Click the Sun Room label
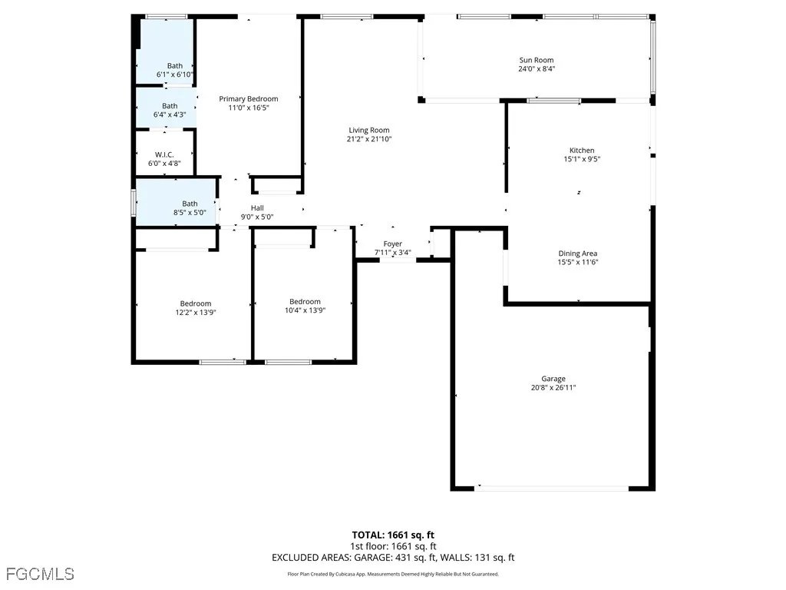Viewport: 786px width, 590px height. [x=536, y=60]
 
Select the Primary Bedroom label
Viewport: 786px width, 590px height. [x=248, y=98]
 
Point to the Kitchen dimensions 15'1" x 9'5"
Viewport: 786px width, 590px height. [x=581, y=160]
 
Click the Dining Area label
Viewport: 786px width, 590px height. [x=577, y=254]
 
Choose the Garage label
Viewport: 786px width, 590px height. [x=553, y=379]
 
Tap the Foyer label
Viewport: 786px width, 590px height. [x=392, y=244]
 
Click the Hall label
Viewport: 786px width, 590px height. [x=257, y=208]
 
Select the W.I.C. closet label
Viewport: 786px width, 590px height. [x=164, y=154]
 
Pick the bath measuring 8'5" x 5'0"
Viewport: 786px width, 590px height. [x=189, y=204]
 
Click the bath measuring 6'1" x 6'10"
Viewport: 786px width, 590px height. [x=175, y=66]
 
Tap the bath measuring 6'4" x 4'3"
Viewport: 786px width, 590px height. [x=170, y=106]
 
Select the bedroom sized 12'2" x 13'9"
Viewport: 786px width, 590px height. [x=195, y=303]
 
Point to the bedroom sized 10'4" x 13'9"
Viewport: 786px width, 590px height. [x=305, y=302]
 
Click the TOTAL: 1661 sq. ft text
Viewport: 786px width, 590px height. [x=393, y=535]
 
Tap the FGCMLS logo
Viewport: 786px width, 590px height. [x=40, y=573]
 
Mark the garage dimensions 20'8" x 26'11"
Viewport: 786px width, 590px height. [x=553, y=388]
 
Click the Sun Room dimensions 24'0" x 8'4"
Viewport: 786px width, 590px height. [x=536, y=69]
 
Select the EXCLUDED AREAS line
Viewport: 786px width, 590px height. [x=393, y=558]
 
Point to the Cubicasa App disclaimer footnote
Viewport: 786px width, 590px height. [x=393, y=574]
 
